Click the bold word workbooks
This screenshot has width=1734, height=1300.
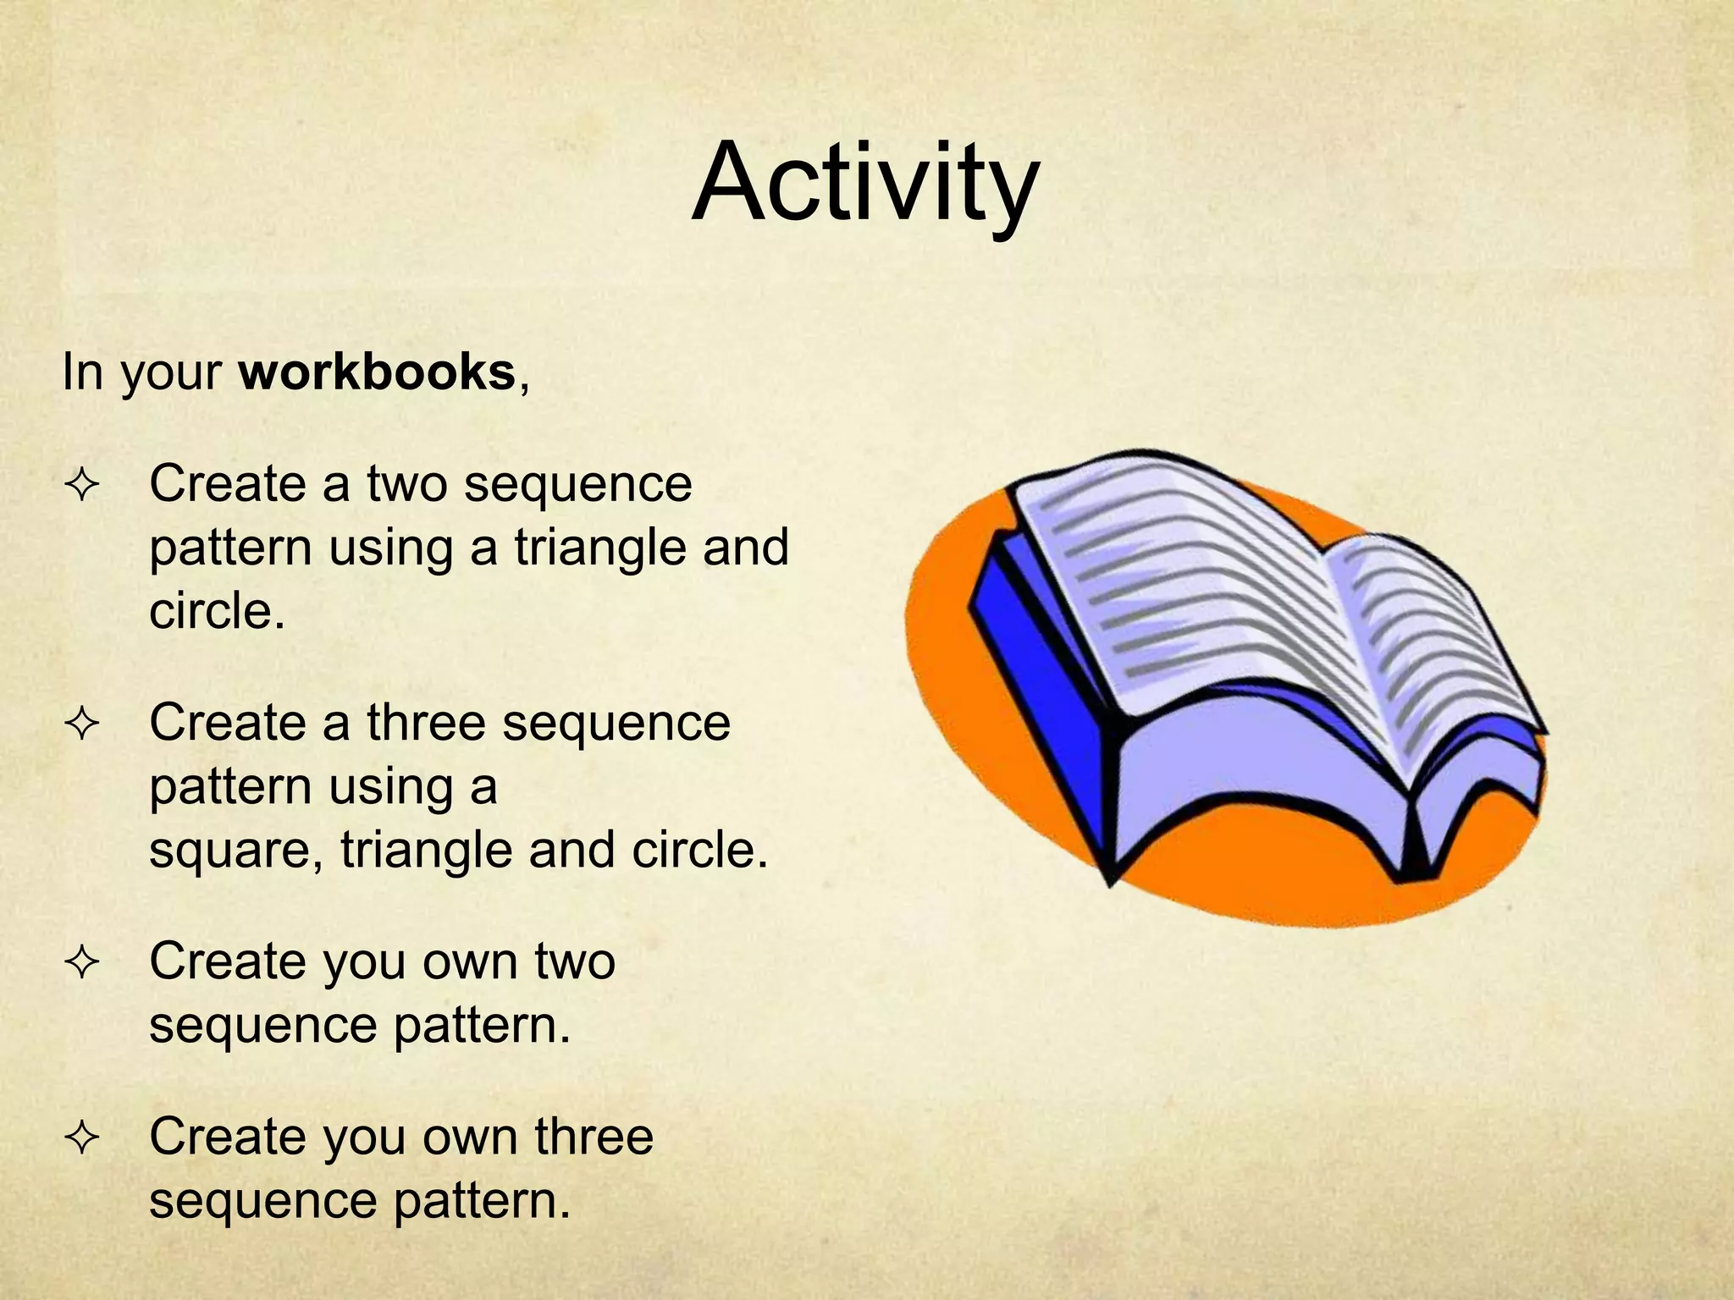pyautogui.click(x=377, y=372)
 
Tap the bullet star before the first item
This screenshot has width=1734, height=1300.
pyautogui.click(x=82, y=486)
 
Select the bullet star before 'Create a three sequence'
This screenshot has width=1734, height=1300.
pyautogui.click(x=82, y=724)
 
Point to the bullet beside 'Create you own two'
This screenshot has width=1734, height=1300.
pyautogui.click(x=82, y=963)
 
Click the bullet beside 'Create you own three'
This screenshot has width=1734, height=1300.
pyautogui.click(x=82, y=1138)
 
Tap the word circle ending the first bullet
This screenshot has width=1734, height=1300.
pyautogui.click(x=216, y=611)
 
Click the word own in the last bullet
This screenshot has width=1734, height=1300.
pyautogui.click(x=470, y=1137)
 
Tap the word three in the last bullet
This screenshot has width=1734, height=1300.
pyautogui.click(x=594, y=1137)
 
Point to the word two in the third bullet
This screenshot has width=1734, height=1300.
pyautogui.click(x=575, y=961)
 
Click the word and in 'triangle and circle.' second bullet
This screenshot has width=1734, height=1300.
pyautogui.click(x=572, y=850)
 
